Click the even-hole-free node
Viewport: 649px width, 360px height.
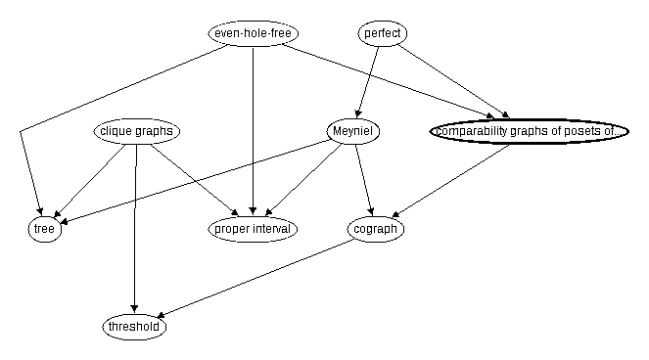[x=254, y=33]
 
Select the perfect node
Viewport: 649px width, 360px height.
[x=382, y=33]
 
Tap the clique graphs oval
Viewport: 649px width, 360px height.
[x=137, y=131]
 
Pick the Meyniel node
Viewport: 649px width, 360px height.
[x=353, y=131]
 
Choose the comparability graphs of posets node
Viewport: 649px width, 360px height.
[x=529, y=131]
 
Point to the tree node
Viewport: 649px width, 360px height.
[x=45, y=230]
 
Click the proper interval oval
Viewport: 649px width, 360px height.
[x=254, y=230]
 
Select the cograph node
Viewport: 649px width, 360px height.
[x=376, y=230]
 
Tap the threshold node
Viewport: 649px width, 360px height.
[x=134, y=328]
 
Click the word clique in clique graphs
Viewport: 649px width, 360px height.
[x=116, y=131]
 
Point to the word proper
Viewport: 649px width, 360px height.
[x=232, y=230]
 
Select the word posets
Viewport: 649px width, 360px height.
[x=588, y=131]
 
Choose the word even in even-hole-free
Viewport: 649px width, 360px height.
[x=227, y=33]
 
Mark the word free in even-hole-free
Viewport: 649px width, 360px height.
[x=282, y=33]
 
